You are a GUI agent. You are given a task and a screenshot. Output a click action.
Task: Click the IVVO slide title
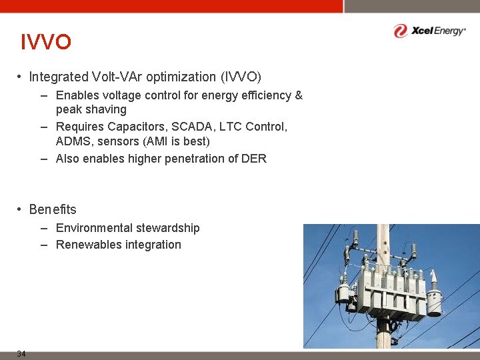[x=45, y=43]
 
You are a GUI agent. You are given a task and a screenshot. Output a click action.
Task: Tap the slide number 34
[x=21, y=354]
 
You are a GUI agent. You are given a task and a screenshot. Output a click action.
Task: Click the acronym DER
[x=254, y=159]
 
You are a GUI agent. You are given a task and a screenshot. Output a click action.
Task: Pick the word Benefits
[x=53, y=210]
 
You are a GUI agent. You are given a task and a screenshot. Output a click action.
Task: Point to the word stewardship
[x=168, y=229]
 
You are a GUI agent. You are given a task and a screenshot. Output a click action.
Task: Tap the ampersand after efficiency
[x=298, y=96]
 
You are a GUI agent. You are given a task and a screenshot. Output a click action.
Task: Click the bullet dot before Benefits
[x=21, y=210]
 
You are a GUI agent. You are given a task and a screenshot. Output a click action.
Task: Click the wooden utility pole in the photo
[x=383, y=333]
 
